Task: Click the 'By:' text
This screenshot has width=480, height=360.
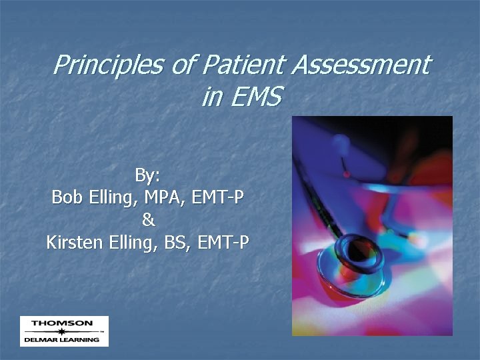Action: click(147, 175)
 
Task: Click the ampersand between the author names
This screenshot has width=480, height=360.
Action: click(148, 219)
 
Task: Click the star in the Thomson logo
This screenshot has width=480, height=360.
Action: click(62, 331)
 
